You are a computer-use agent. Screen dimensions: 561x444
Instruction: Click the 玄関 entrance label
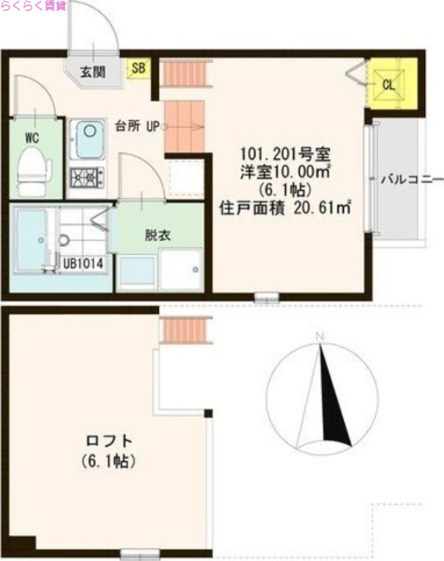pos(92,71)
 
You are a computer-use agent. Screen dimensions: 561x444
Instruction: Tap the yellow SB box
pos(138,68)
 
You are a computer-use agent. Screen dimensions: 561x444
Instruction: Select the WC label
pos(32,137)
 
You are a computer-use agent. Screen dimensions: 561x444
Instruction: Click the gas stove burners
pos(87,177)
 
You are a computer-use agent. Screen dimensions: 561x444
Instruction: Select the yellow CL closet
pos(389,85)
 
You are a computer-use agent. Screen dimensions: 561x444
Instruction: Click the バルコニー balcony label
pos(410,178)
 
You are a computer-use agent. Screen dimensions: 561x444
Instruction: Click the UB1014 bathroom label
pos(84,264)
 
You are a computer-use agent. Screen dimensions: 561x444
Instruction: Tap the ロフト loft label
pos(108,442)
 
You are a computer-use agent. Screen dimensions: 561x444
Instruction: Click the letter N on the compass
pos(320,337)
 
